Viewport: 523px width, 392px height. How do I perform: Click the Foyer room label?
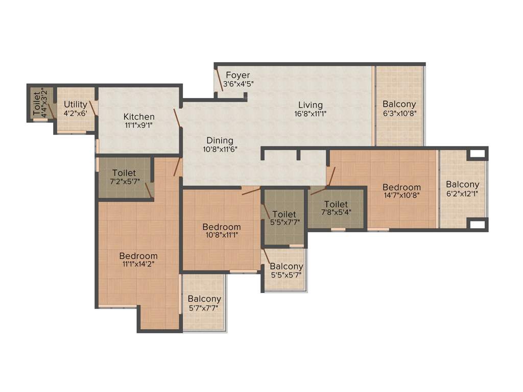point(237,75)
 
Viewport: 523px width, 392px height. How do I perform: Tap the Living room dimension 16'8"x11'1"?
point(311,114)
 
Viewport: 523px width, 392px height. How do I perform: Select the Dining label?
point(220,140)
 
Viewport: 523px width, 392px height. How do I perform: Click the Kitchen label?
point(139,117)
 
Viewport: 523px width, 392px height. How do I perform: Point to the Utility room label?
point(75,105)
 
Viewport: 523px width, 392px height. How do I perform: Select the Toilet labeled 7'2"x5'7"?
point(124,173)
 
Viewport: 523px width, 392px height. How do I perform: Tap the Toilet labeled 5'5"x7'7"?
point(284,214)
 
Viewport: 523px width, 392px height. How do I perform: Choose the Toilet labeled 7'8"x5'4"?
point(336,204)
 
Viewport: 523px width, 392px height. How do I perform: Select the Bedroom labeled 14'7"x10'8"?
point(401,187)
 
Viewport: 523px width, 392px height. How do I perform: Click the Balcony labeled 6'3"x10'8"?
point(399,104)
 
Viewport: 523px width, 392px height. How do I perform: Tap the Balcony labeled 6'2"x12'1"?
point(462,184)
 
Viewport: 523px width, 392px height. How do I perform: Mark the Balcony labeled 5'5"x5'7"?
point(286,266)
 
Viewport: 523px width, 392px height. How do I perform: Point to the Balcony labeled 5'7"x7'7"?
point(204,299)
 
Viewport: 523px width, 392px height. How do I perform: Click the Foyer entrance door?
point(219,79)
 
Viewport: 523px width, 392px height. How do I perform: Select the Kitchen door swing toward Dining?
point(177,118)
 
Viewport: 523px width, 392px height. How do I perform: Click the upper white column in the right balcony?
point(477,153)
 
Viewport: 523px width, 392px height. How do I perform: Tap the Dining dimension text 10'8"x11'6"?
point(220,150)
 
